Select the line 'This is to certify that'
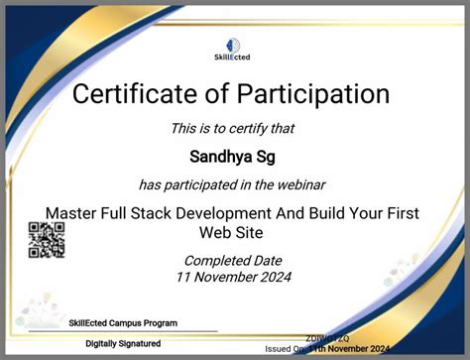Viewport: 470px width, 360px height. (x=233, y=128)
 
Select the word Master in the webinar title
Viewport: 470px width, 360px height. (x=74, y=213)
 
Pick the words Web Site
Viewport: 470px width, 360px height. (x=234, y=232)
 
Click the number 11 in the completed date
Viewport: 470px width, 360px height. (x=185, y=277)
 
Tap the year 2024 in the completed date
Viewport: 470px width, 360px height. (x=274, y=277)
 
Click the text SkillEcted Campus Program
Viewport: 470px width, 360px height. (x=123, y=323)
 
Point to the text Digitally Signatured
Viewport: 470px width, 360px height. (x=123, y=343)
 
